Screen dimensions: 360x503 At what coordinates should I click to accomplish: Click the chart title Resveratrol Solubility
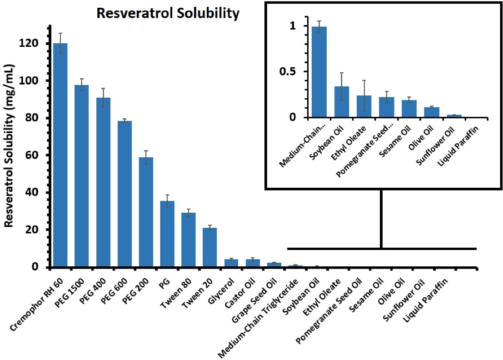click(168, 14)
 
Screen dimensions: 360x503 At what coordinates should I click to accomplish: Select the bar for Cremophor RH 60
click(60, 155)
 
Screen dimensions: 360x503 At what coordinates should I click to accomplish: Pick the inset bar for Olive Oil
click(432, 112)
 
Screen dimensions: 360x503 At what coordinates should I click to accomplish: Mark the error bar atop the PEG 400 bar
click(103, 97)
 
